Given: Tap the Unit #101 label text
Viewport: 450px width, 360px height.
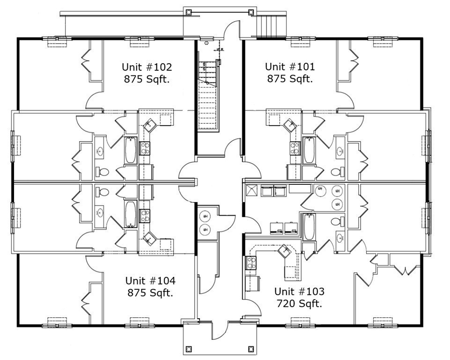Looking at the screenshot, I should tap(290, 67).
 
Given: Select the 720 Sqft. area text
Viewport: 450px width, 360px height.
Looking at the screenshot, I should tap(299, 303).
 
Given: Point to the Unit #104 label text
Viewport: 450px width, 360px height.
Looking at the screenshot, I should tap(150, 281).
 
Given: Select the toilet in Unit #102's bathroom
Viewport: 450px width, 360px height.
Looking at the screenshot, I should tap(101, 171).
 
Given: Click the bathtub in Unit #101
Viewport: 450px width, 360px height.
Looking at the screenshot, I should tap(308, 150).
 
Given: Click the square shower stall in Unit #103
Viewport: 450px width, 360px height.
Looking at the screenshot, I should tap(251, 190).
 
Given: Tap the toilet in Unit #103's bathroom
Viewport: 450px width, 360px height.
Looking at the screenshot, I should tap(336, 221).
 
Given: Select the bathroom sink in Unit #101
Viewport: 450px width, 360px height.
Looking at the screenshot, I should tap(340, 151).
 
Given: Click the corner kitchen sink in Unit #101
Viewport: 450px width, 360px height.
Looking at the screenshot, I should tap(289, 124).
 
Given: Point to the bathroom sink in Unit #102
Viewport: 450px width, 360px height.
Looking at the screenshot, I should tap(100, 151).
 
